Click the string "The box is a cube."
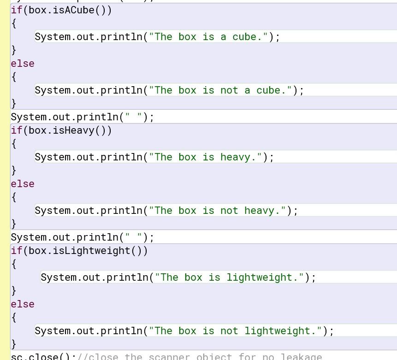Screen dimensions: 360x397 tap(208, 37)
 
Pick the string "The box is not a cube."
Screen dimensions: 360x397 tap(220, 90)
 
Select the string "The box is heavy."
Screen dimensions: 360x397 tap(206, 157)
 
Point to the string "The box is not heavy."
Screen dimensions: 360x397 tap(218, 211)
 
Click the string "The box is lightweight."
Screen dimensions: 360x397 tap(230, 277)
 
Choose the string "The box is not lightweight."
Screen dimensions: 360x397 tap(236, 331)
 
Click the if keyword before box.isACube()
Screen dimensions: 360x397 tap(17, 10)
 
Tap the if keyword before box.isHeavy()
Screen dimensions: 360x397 tap(17, 130)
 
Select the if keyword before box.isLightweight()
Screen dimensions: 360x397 tap(17, 251)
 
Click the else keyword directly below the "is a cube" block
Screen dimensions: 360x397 tap(23, 64)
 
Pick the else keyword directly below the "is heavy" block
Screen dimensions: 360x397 tap(23, 184)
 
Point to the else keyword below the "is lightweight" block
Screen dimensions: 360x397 tap(23, 304)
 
